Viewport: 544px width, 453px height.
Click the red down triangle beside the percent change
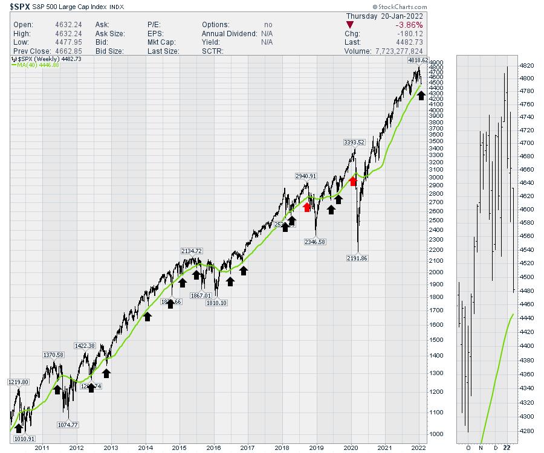click(350, 25)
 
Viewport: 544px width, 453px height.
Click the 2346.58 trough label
click(316, 242)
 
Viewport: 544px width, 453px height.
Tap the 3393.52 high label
click(354, 142)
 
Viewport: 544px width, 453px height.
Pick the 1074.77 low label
click(69, 425)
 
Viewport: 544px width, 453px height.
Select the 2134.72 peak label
click(191, 251)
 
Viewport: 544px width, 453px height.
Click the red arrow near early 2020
click(354, 179)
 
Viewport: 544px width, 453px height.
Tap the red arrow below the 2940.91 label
click(307, 207)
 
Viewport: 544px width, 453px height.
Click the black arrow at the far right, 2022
click(421, 95)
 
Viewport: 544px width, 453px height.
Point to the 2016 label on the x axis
click(213, 448)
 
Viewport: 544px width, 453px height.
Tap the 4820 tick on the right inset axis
click(526, 65)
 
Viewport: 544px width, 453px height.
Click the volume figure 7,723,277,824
click(400, 51)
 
